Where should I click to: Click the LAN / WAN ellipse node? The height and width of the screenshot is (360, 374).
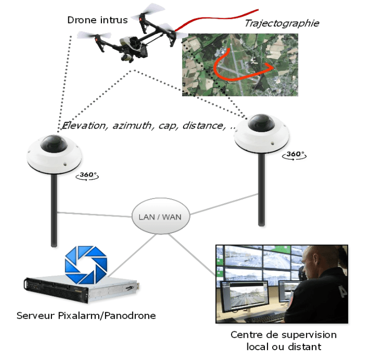pos(160,217)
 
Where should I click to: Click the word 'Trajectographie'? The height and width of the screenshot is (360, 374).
pos(281,23)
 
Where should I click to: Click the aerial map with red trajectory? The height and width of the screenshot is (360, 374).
pos(240,65)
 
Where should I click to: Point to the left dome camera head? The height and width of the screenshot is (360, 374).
pos(54,151)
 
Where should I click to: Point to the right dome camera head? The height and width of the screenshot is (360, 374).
pos(261,131)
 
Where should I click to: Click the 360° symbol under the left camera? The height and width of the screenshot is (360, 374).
pos(87,175)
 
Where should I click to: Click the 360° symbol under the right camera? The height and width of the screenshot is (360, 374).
pos(295,154)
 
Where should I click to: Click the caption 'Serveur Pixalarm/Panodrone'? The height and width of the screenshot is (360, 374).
pos(86,315)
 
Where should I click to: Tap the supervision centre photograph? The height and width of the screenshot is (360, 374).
pos(281,284)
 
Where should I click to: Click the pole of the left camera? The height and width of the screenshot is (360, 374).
pos(54,211)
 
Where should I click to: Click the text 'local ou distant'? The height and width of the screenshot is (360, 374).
pos(284,347)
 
